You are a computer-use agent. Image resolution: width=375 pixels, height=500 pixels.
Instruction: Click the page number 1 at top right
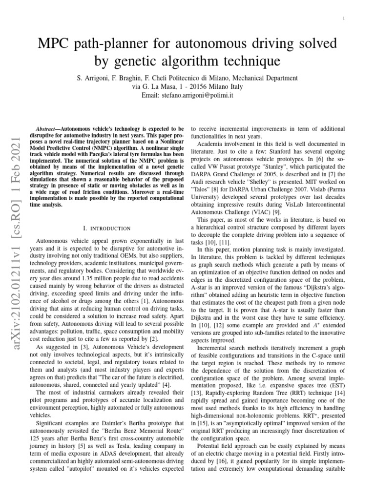(344, 19)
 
